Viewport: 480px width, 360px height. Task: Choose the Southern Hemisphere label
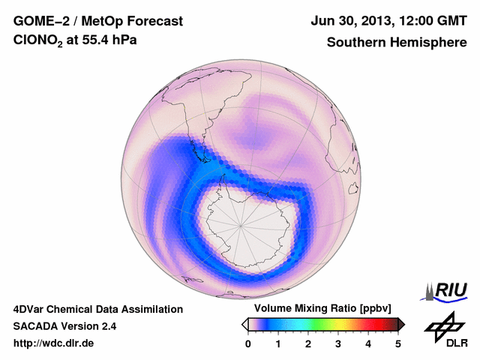point(396,43)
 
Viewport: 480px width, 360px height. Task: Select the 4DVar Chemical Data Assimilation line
point(97,308)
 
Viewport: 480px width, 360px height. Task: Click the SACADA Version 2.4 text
point(64,326)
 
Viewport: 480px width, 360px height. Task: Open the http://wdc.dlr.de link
point(53,343)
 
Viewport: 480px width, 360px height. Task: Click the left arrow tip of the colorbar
point(244,324)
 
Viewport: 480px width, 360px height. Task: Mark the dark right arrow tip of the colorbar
point(402,324)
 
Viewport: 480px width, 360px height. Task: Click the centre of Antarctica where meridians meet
point(241,225)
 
